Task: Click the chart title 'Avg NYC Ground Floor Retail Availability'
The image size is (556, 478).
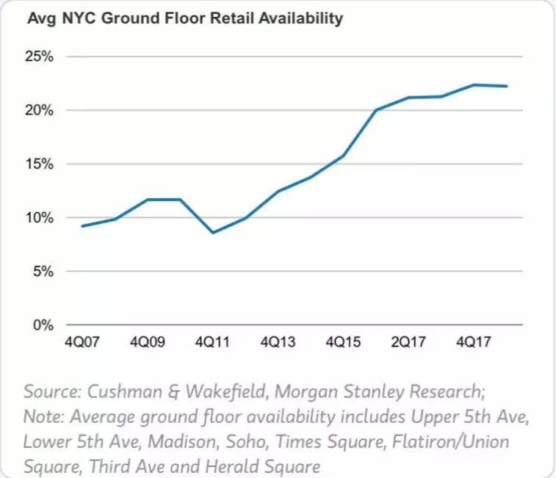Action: [185, 19]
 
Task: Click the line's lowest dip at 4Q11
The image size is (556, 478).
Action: [213, 233]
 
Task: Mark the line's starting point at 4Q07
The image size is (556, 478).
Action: [82, 225]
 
